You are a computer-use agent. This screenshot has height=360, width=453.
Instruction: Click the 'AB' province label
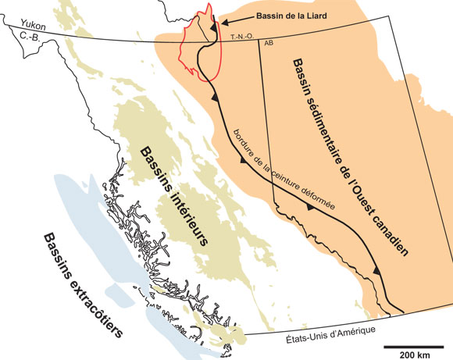(269, 44)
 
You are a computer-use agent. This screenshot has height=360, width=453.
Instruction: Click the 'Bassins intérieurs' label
(171, 195)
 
